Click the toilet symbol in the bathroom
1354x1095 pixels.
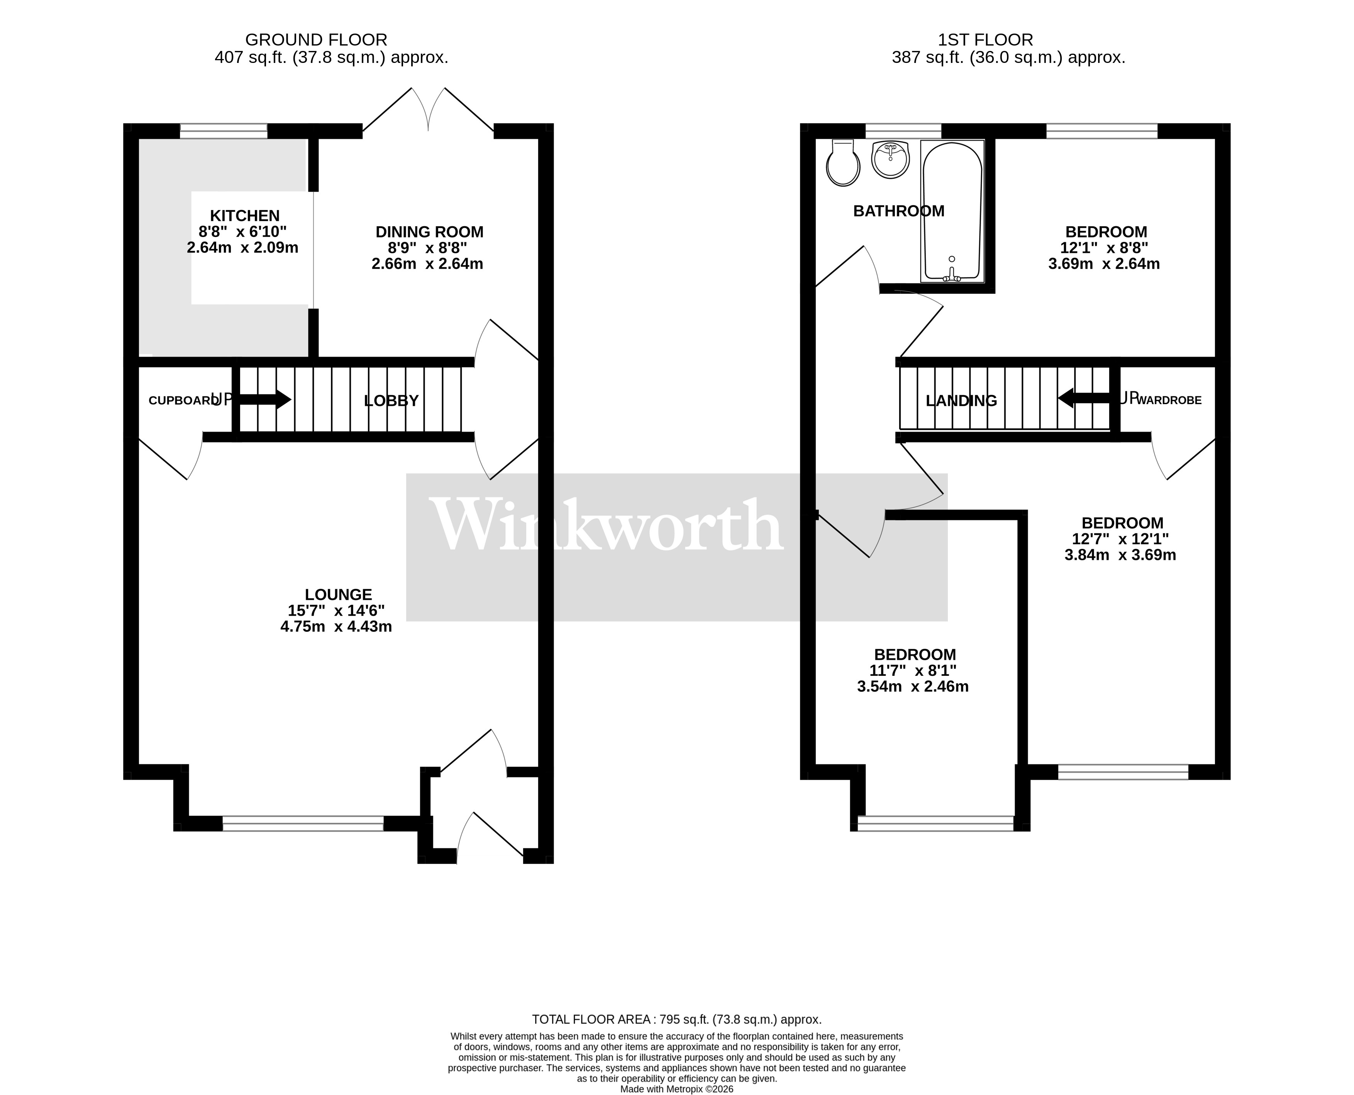843,164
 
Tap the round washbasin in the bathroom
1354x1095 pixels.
890,159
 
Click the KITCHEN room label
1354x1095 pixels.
245,216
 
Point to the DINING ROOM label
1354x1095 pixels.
429,232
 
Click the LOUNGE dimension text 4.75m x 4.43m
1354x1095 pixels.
336,627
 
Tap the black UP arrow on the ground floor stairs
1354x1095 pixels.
265,399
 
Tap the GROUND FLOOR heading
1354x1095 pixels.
316,40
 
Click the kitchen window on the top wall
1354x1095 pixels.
224,131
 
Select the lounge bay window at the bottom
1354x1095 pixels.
303,824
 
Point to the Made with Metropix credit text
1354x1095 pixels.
676,1089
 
